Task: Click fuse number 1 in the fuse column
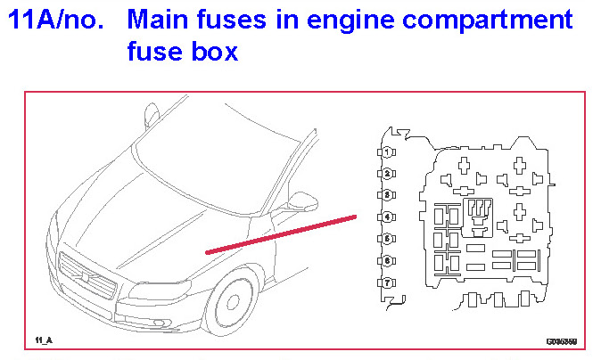[388, 151]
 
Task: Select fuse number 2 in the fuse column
[388, 173]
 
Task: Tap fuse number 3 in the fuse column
[388, 194]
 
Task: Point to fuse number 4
[388, 217]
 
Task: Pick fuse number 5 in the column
[388, 239]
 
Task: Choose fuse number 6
[388, 260]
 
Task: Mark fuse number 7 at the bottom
[388, 282]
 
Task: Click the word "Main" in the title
[166, 19]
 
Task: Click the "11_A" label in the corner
[44, 340]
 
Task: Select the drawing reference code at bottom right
[561, 340]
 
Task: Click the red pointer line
[281, 233]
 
